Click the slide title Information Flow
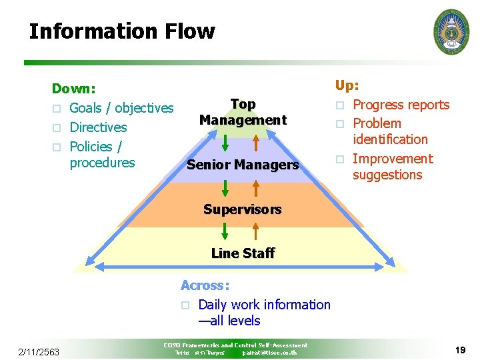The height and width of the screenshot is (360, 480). coord(122,31)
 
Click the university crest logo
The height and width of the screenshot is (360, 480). coord(451,31)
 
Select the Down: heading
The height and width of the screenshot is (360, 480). coord(74,89)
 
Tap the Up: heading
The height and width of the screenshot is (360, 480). coord(347,85)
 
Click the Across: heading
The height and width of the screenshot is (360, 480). coord(205,285)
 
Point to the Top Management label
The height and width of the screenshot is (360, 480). coord(243,113)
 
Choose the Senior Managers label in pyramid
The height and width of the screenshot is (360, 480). coord(243,165)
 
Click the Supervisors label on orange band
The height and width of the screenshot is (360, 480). coord(243,209)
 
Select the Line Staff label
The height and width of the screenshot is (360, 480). coord(243,253)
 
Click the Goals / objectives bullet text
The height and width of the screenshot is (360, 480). coord(121,108)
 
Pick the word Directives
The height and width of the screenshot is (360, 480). coord(98,127)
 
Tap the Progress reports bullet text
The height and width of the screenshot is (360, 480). coord(401,105)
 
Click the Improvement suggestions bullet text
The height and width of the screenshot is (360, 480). coord(392,167)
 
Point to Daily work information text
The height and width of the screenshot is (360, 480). coord(264,305)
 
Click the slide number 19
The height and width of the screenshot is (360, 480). coord(459,349)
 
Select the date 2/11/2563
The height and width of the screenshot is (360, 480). coord(39,351)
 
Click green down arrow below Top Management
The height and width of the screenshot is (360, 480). coord(225,144)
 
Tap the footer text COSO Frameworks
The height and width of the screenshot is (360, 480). coord(235,345)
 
